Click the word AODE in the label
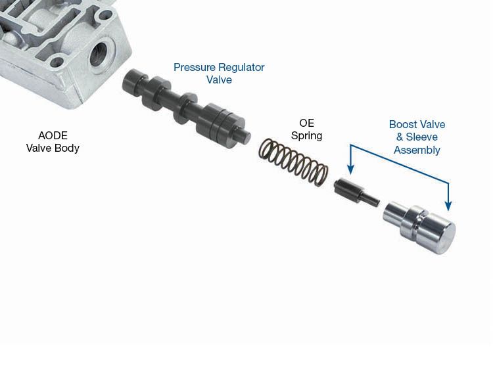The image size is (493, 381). [x=53, y=136]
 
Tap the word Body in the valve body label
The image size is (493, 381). [x=67, y=148]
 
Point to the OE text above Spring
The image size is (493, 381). [x=306, y=123]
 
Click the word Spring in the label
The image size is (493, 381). [x=306, y=136]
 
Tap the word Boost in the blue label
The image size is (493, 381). [x=402, y=125]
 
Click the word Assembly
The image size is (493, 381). [x=417, y=150]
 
